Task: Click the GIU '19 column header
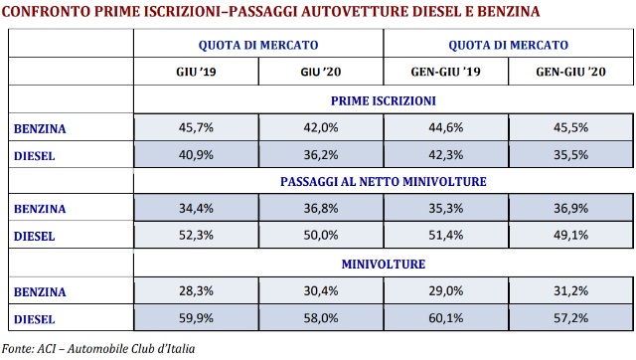coord(196,73)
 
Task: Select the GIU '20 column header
coord(321,73)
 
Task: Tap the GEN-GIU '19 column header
coord(445,73)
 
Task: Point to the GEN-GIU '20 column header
coord(570,73)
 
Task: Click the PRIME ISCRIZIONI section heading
coord(384,101)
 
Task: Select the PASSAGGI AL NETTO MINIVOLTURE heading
coord(384,182)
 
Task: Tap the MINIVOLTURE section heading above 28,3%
coord(384,264)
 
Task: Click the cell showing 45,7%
coord(196,128)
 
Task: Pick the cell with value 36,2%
coord(321,155)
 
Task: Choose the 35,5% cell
coord(570,155)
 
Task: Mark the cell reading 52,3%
coord(196,237)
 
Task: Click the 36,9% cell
coord(570,209)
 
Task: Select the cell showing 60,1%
coord(445,318)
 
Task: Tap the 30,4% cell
coord(321,290)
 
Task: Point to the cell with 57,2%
coord(570,318)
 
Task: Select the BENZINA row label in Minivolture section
coord(41,290)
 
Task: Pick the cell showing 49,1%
coord(570,237)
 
